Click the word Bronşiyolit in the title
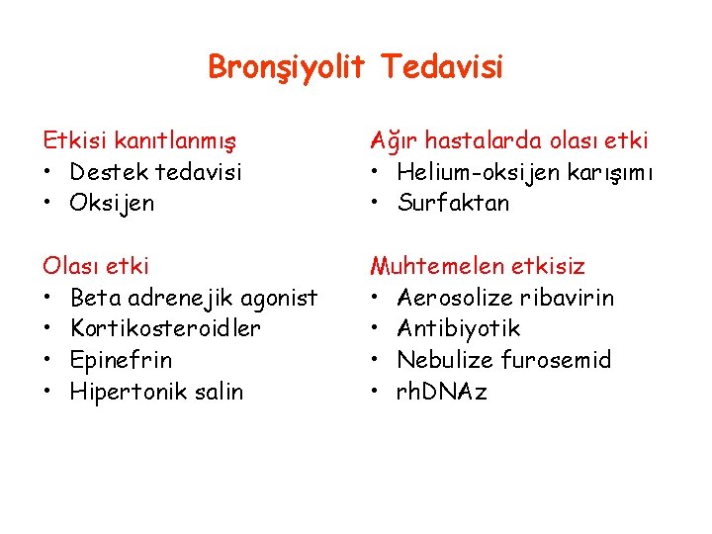[x=287, y=67]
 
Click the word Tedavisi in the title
[x=441, y=67]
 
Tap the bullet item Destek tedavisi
[x=155, y=172]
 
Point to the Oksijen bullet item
[x=112, y=203]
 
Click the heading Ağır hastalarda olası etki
[x=508, y=141]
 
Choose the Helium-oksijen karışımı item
[x=526, y=172]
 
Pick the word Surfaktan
[x=453, y=203]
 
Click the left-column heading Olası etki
[x=95, y=266]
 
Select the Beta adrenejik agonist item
[x=194, y=297]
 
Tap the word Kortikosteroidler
[x=165, y=327]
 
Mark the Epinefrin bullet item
[x=121, y=359]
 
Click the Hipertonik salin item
[x=156, y=391]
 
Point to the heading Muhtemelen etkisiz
[x=478, y=266]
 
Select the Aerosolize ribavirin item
[x=505, y=297]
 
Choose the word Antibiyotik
[x=458, y=327]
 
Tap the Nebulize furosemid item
[x=504, y=359]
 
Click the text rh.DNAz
[x=442, y=391]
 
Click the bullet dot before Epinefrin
[x=48, y=360]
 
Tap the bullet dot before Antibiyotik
[x=376, y=328]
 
